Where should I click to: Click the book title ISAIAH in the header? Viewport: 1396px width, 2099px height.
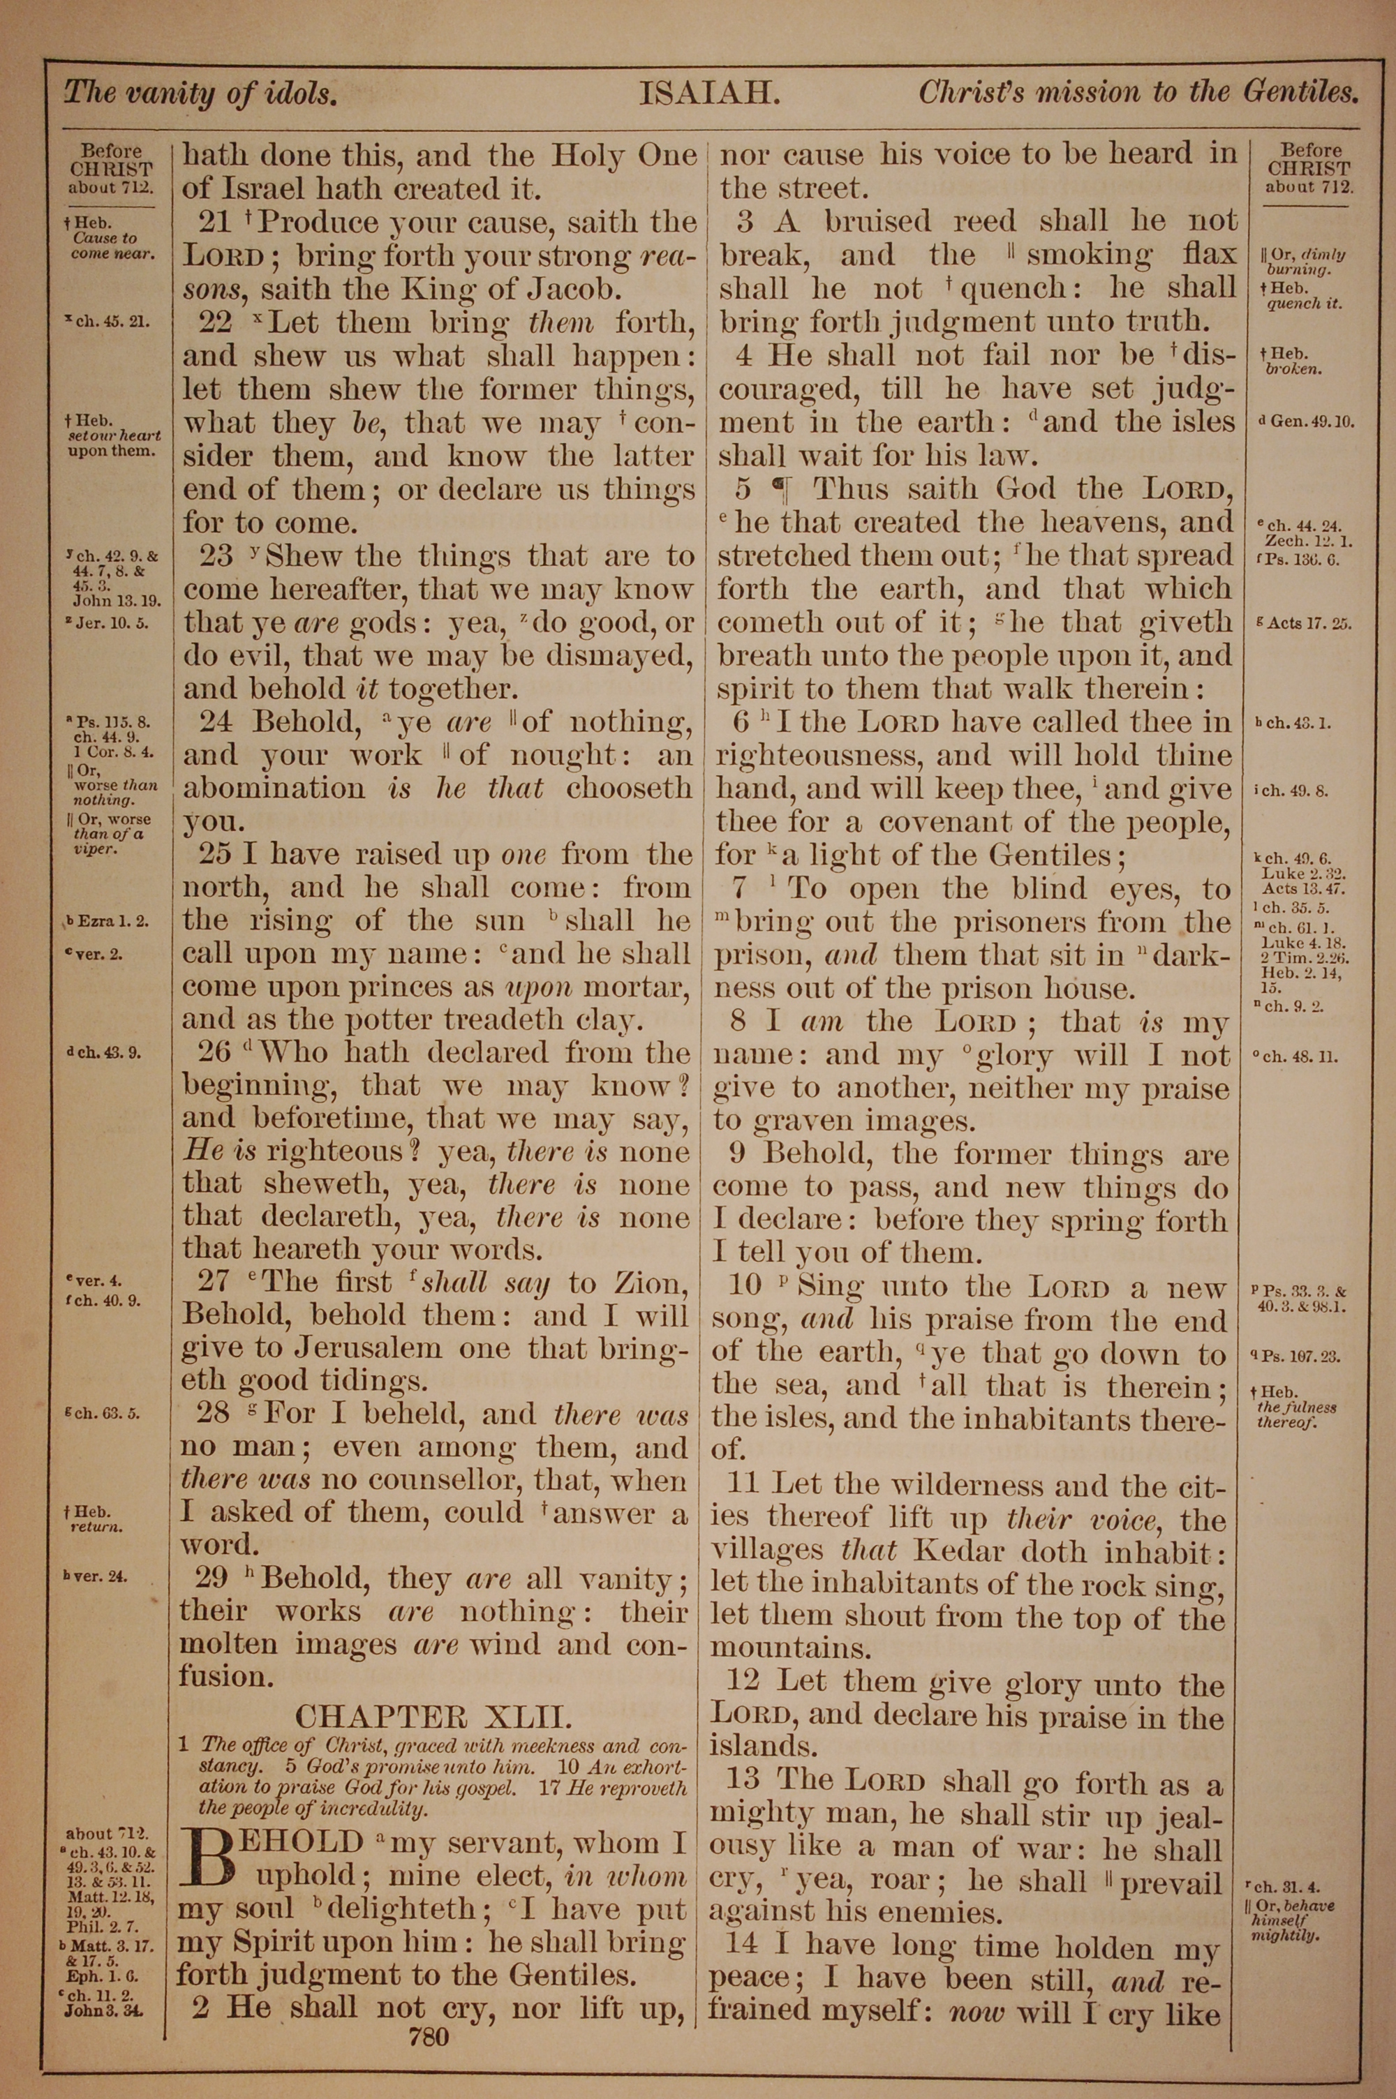tap(710, 93)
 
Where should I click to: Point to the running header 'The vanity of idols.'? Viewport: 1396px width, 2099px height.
tap(200, 93)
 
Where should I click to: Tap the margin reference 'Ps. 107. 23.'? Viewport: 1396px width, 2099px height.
tap(1302, 1357)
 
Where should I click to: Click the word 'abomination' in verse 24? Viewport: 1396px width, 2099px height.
tap(274, 789)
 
